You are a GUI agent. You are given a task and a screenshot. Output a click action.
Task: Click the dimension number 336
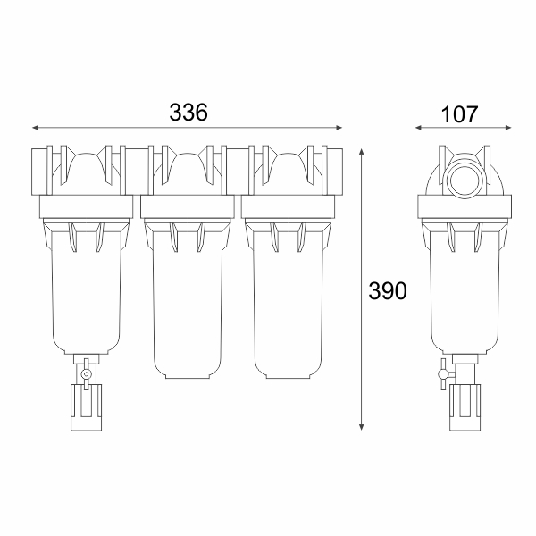[188, 113]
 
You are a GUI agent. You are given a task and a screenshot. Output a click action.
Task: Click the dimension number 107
[459, 114]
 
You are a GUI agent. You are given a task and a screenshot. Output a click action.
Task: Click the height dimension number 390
[388, 291]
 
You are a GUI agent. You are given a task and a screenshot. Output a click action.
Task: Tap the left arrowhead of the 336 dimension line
[35, 128]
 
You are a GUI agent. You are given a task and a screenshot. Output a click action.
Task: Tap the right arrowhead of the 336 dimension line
[339, 128]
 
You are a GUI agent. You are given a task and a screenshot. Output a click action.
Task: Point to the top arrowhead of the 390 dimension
[361, 152]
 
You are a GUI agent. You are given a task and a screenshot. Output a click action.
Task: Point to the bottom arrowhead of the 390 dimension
[361, 427]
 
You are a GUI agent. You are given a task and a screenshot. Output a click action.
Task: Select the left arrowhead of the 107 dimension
[419, 128]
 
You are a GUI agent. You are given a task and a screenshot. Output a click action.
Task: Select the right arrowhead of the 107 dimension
[508, 128]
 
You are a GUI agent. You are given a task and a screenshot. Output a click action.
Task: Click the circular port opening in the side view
[465, 180]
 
